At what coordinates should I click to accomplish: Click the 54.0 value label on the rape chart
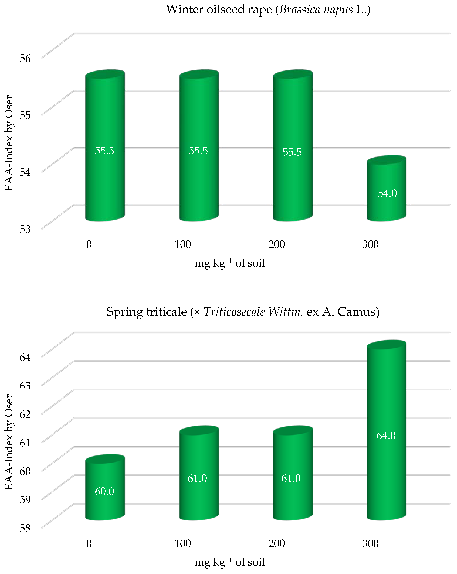[x=387, y=193]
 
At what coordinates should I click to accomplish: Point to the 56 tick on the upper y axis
[x=25, y=58]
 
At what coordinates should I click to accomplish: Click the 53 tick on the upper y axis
[x=25, y=229]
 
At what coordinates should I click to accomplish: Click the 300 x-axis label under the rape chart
[x=370, y=244]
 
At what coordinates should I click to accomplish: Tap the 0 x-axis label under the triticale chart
[x=89, y=543]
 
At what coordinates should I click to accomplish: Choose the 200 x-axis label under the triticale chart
[x=276, y=543]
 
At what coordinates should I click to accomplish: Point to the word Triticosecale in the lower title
[x=234, y=312]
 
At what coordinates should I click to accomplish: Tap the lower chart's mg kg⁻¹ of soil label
[x=229, y=562]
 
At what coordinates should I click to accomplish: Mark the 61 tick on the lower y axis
[x=25, y=442]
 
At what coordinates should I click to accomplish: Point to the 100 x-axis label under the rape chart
[x=182, y=244]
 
